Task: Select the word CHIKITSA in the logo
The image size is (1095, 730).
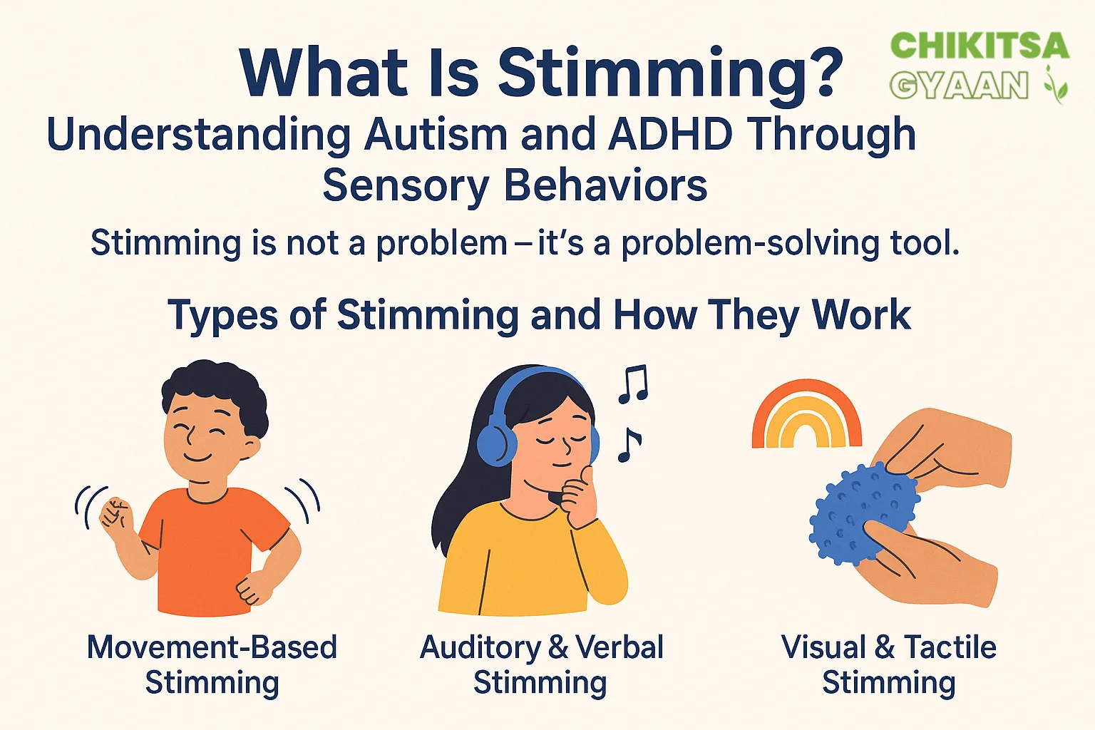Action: coord(980,46)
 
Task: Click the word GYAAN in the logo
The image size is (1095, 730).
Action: coord(960,86)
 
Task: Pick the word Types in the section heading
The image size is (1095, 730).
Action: coord(222,315)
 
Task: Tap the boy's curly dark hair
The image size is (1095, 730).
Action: coord(215,389)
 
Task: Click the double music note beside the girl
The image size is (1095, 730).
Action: coord(633,384)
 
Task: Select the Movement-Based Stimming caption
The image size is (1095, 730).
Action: coord(212,664)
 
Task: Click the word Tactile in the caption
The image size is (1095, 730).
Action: coord(950,647)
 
